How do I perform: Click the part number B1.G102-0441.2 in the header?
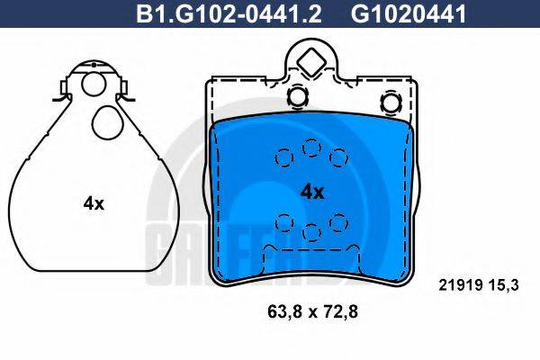coord(229,13)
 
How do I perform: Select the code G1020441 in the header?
coord(409,13)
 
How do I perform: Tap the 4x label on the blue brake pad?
coord(312,193)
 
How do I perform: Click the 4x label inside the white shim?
coord(94,204)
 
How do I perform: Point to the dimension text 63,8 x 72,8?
coord(312,312)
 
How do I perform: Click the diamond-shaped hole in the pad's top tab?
coord(311,62)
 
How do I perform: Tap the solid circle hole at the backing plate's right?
coord(391,103)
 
